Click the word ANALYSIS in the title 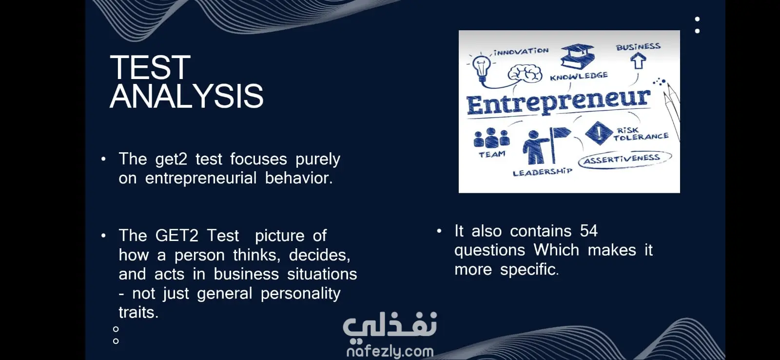tap(187, 96)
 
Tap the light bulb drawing tap(482, 68)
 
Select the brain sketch tap(525, 74)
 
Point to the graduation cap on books tap(577, 56)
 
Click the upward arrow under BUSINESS tap(638, 60)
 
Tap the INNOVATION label tap(521, 52)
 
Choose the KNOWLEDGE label tap(579, 76)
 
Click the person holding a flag tap(545, 146)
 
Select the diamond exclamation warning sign tap(599, 133)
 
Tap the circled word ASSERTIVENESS tap(622, 159)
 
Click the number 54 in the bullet tap(589, 231)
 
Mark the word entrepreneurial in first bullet tap(200, 178)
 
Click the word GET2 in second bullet tap(176, 236)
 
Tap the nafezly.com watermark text tap(390, 352)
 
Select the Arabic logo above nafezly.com tap(390, 325)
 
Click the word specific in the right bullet tap(529, 269)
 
